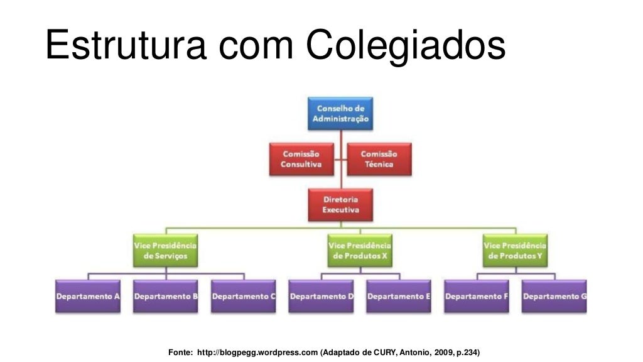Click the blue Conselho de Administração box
[340, 114]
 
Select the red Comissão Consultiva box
[301, 159]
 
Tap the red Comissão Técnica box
[379, 159]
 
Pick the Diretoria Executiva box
[340, 204]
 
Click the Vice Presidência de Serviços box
[166, 251]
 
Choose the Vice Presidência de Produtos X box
[359, 251]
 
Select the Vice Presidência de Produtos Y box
[515, 251]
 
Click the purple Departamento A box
[88, 296]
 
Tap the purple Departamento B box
[166, 296]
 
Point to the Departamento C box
[244, 296]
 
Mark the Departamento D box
[321, 296]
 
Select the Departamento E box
[399, 296]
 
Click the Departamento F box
[477, 296]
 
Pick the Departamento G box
[554, 296]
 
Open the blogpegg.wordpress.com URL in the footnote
[257, 352]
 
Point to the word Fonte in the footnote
[181, 352]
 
